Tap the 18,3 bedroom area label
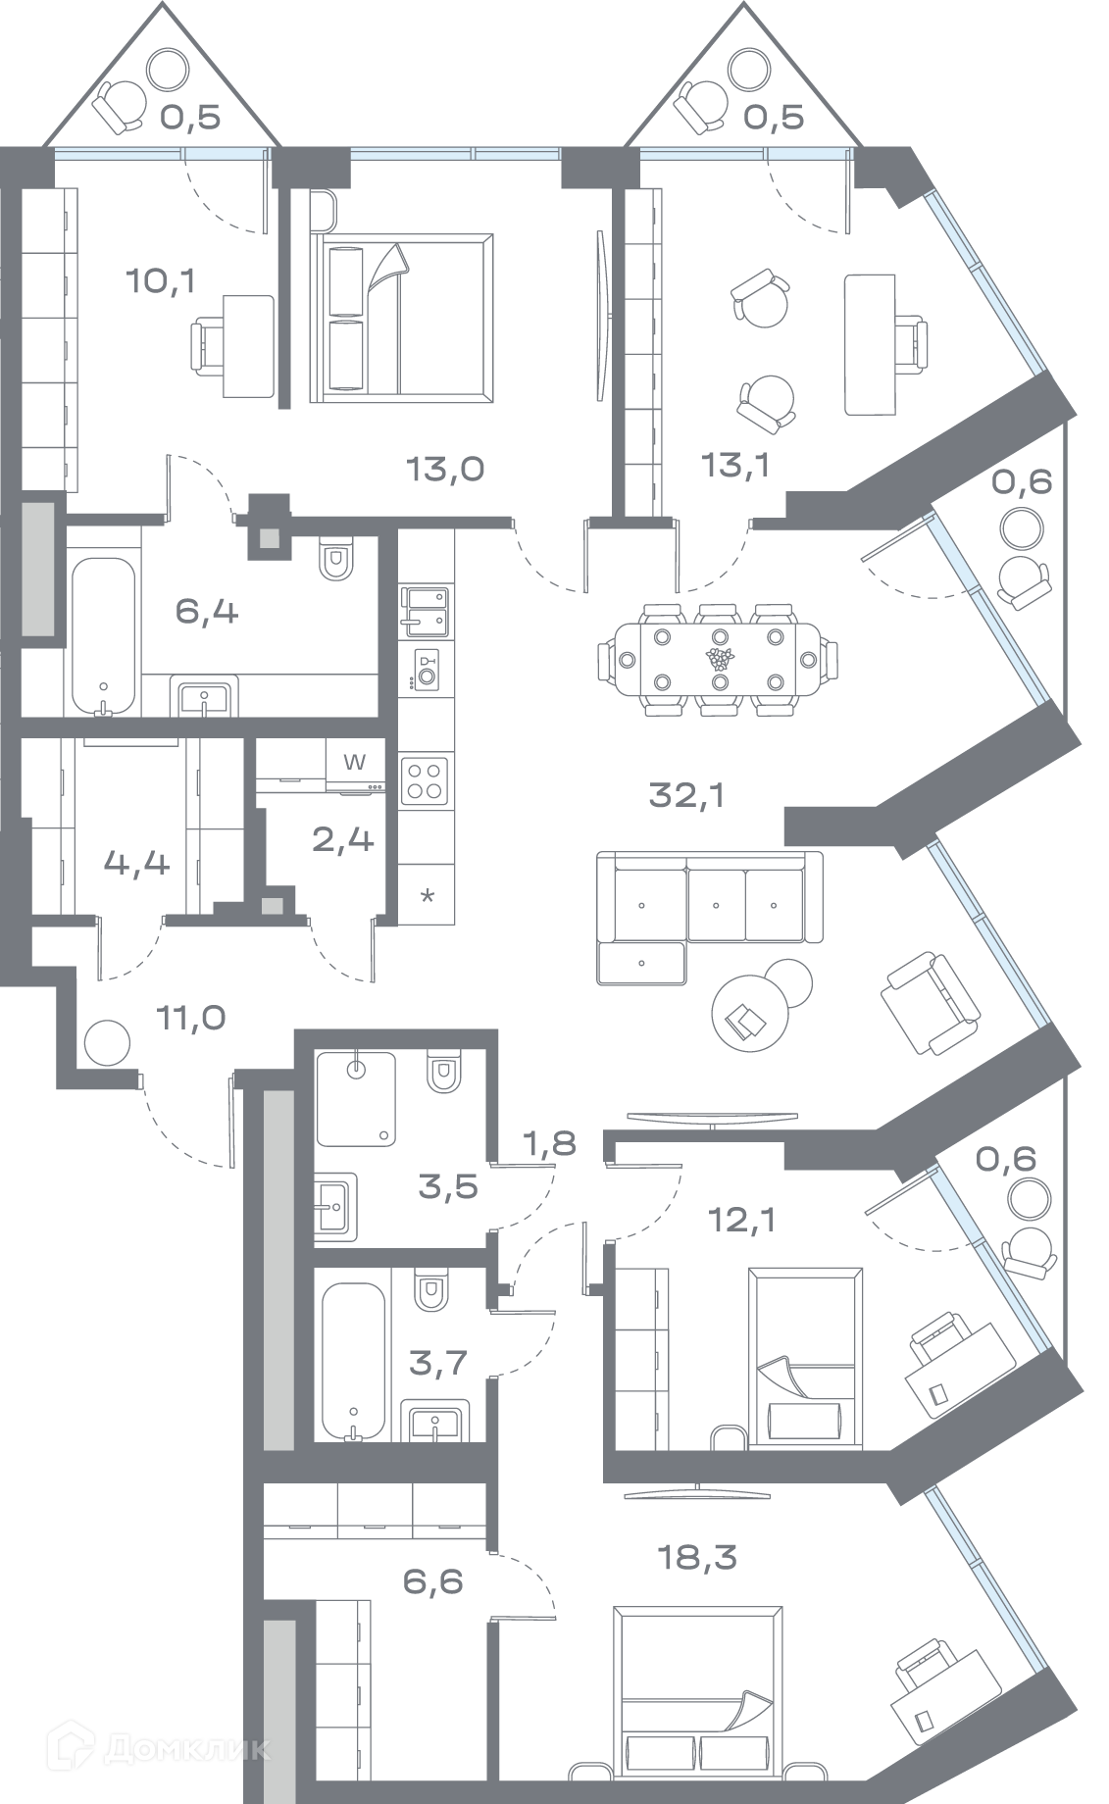(696, 1556)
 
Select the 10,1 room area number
(161, 282)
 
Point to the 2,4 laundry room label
(342, 839)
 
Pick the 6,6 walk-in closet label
(432, 1581)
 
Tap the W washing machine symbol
(355, 762)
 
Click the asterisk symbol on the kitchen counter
(427, 897)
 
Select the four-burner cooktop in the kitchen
(426, 780)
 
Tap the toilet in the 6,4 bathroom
(336, 559)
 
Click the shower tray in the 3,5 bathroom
(356, 1098)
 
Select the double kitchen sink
(426, 606)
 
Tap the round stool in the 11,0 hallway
(106, 1044)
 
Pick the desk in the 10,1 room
(248, 345)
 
